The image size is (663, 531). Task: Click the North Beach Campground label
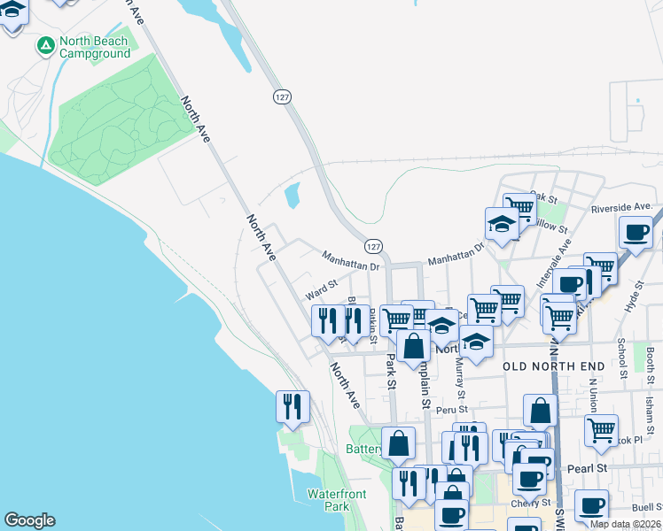click(95, 48)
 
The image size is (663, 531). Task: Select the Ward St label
click(322, 289)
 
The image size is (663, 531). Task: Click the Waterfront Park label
click(329, 500)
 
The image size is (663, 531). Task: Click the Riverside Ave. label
click(621, 207)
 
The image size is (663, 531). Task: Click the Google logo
click(29, 520)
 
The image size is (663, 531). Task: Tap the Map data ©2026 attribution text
click(625, 524)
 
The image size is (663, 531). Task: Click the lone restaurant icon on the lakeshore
click(292, 406)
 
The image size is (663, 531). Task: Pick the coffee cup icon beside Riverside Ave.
click(636, 232)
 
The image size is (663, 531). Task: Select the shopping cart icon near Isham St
click(601, 431)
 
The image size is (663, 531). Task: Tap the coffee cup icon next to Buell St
click(591, 505)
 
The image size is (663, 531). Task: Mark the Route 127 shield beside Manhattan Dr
click(374, 245)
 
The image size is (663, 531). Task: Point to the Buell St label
click(648, 507)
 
